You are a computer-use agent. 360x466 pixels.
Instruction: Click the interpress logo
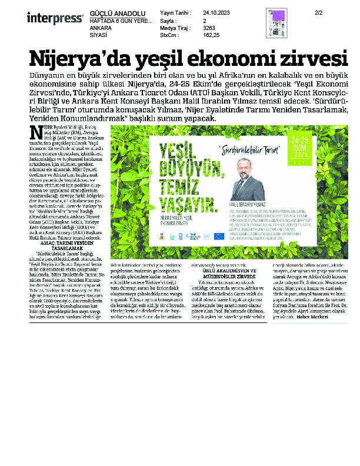tap(55, 18)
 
